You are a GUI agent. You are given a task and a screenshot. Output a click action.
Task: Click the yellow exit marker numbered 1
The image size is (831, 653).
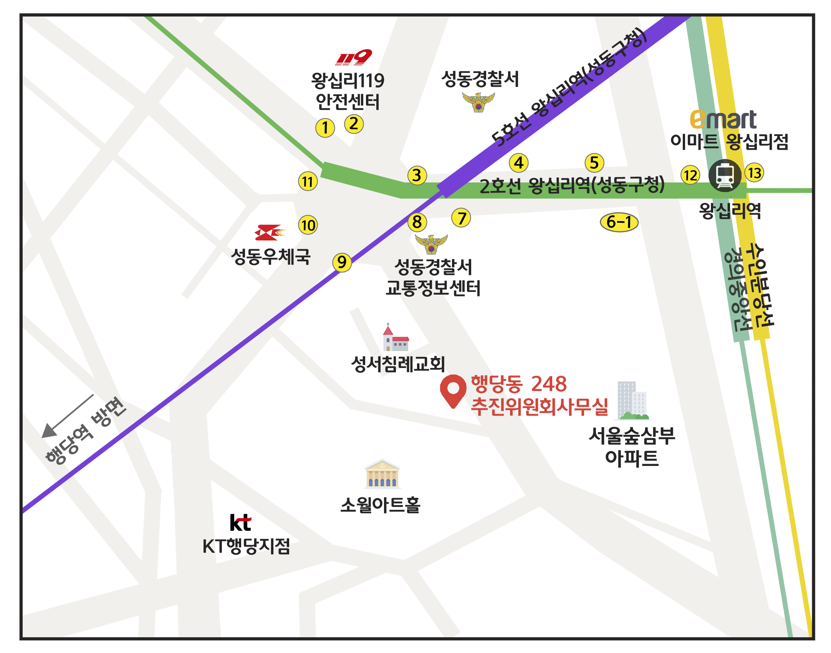pos(325,128)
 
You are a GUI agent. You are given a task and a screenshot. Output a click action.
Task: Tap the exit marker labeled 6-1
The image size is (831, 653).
pos(619,222)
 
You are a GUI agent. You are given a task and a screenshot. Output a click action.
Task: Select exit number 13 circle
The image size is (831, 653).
pos(754,173)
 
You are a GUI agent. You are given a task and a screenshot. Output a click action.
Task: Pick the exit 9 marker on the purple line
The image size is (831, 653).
pos(342,262)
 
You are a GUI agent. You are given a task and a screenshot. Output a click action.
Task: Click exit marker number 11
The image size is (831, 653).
pos(308,181)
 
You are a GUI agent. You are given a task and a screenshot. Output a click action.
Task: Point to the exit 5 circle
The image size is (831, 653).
pos(594,163)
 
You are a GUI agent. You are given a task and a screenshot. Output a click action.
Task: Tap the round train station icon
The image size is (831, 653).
pos(725,176)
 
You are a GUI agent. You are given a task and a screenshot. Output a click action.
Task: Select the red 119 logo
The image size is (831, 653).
pos(354,57)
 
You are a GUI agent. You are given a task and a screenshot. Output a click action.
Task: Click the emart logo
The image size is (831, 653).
pos(723,119)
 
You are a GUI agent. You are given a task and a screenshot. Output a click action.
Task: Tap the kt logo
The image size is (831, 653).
pos(240,522)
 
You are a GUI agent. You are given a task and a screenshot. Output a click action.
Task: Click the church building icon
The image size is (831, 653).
pos(396,338)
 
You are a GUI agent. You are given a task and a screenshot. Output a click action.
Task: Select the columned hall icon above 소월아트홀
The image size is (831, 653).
pos(382,474)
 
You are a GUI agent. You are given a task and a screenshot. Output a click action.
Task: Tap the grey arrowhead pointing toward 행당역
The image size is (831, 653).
pos(48,431)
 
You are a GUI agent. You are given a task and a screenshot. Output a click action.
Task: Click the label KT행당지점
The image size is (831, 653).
pos(246,546)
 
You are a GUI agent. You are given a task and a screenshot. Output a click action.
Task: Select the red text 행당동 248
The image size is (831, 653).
pos(519,384)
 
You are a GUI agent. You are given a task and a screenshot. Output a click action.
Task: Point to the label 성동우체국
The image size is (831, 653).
pos(271,257)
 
